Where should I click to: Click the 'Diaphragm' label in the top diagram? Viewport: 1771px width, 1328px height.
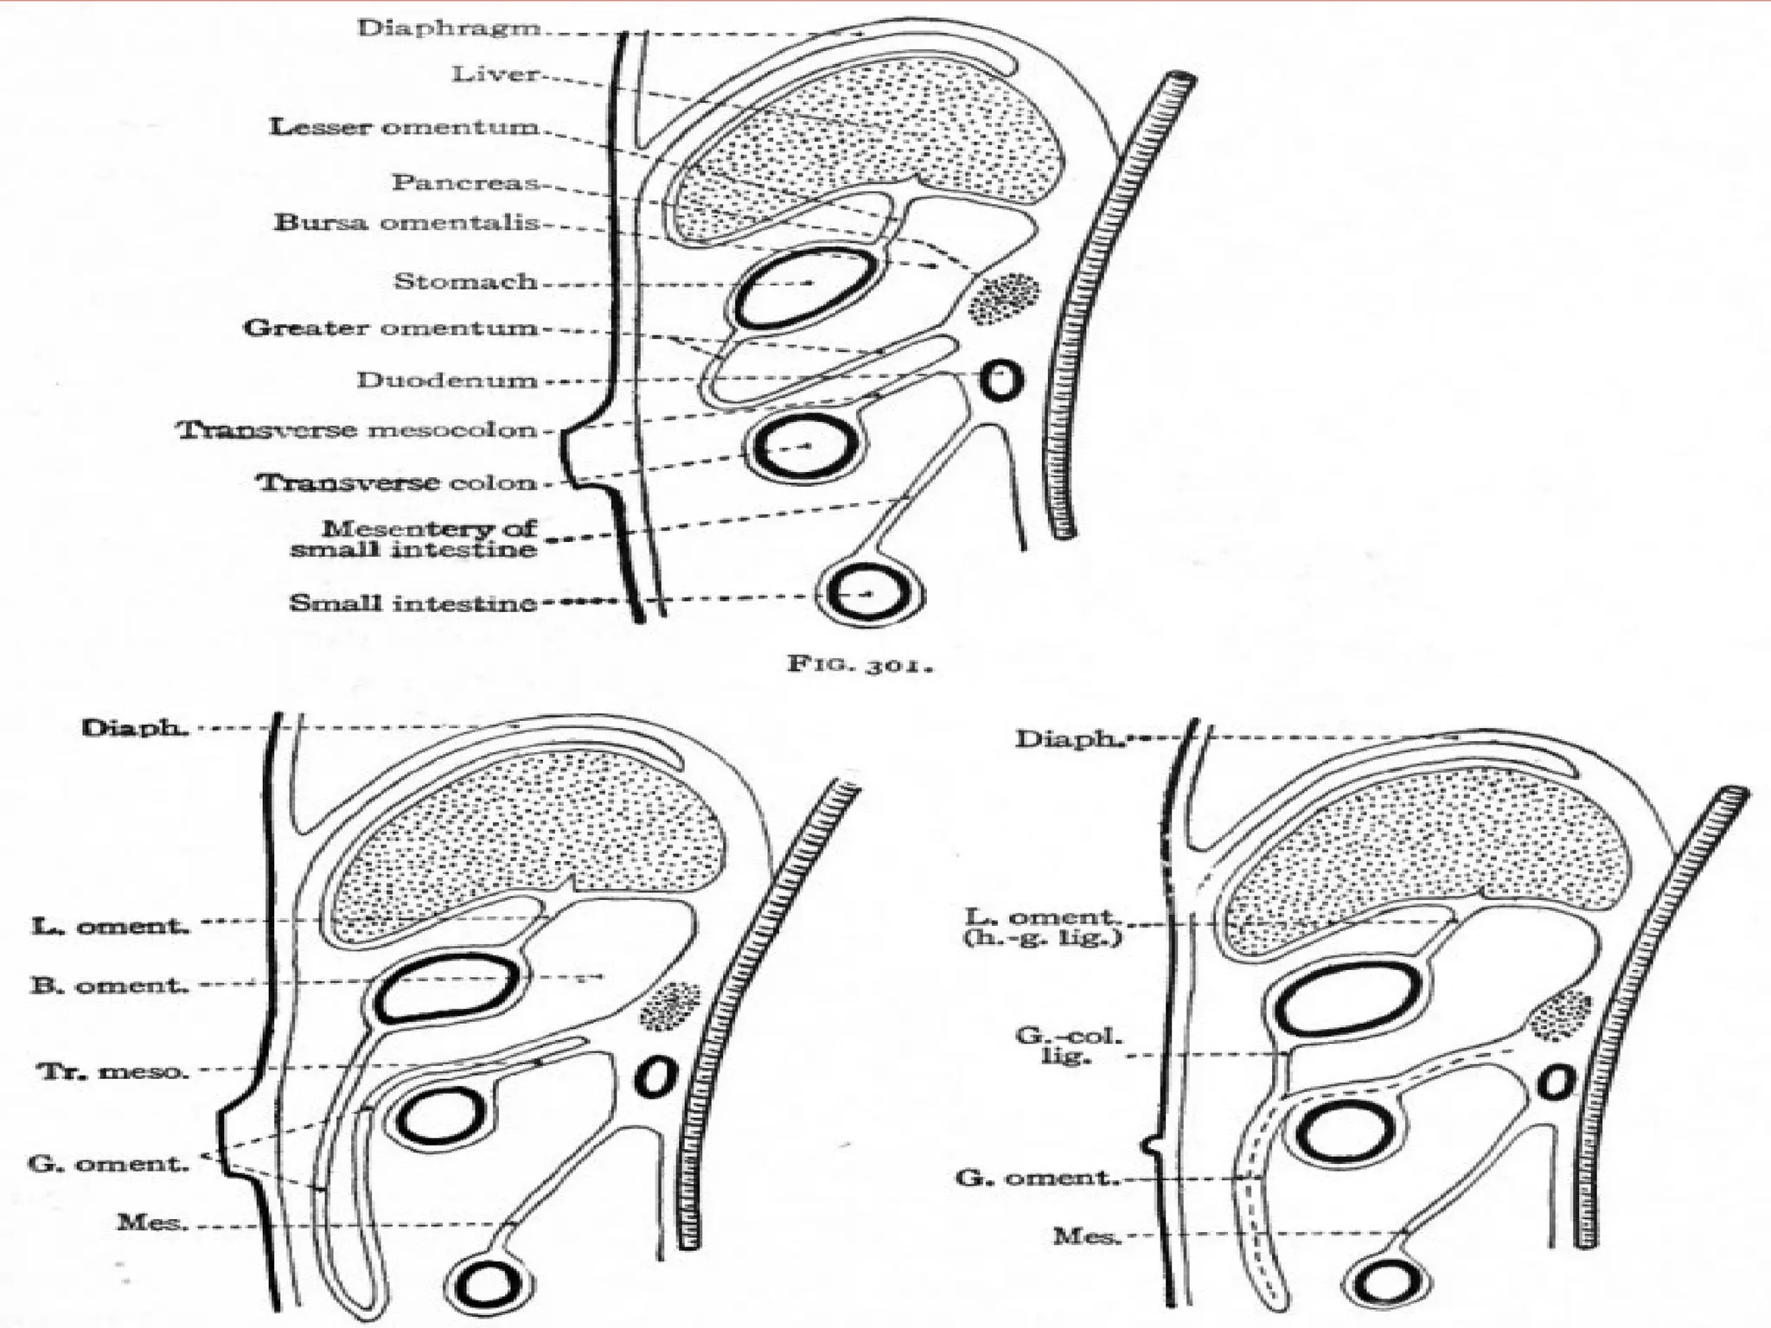coord(449,28)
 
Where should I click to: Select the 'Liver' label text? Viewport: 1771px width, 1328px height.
coord(495,74)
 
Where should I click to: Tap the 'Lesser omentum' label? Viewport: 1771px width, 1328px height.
coord(404,127)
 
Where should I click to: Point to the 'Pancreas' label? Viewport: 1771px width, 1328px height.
coord(465,182)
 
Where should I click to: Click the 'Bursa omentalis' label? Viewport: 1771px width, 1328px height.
coord(406,222)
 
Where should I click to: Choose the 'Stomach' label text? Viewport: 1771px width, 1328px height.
coord(465,281)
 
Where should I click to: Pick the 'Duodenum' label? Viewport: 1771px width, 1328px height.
coord(446,380)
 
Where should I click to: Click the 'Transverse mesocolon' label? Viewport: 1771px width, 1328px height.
coord(357,430)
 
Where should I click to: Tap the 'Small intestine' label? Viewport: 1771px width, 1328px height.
coord(412,603)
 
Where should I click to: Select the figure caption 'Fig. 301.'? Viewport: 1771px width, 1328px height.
coord(860,664)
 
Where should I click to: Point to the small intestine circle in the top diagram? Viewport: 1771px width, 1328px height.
coord(870,593)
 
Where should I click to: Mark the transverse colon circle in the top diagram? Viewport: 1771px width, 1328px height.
coord(804,447)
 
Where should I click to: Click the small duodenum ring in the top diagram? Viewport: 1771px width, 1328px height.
coord(1001,380)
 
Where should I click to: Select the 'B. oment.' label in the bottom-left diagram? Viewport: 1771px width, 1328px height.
coord(110,985)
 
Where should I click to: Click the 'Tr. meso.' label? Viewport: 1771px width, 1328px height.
coord(112,1072)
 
